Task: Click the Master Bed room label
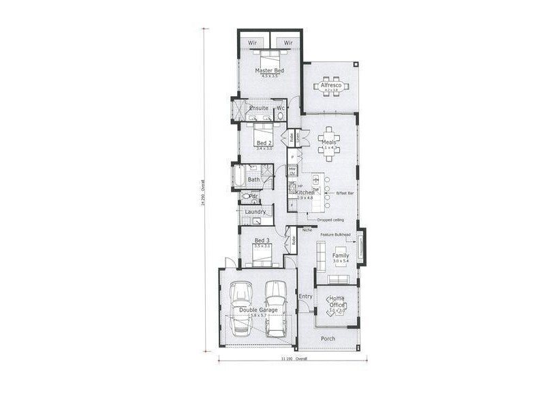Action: coord(270,70)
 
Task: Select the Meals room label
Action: coord(329,142)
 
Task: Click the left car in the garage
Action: coord(242,308)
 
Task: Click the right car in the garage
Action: coord(275,308)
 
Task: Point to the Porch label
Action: coord(328,338)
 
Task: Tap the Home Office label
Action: coord(336,301)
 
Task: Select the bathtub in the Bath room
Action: coord(239,177)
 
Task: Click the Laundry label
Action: coord(255,212)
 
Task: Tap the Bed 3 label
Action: coord(262,241)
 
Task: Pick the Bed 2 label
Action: coord(264,143)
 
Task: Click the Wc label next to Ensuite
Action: coord(280,108)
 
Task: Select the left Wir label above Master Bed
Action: coord(253,43)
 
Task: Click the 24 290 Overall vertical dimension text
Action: coord(202,193)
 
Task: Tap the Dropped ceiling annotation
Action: coord(330,220)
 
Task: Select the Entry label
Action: coord(305,296)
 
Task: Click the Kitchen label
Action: coord(305,193)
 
